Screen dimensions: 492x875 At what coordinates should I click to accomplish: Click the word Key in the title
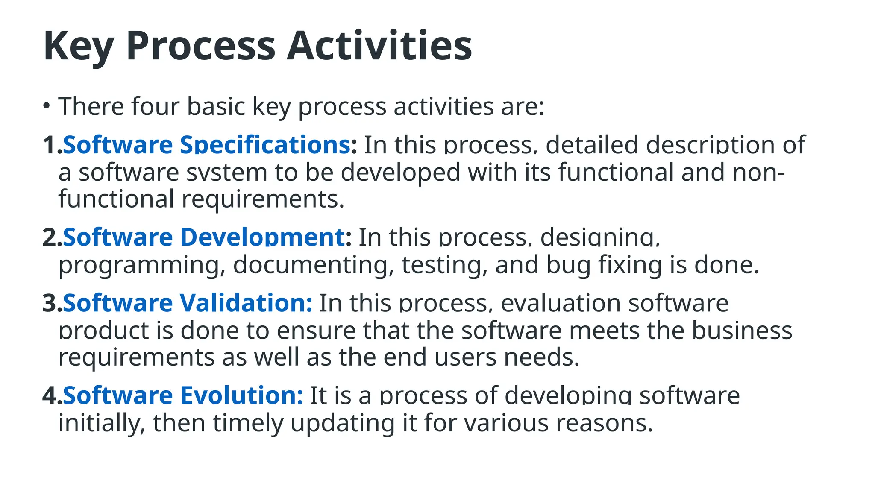tap(78, 46)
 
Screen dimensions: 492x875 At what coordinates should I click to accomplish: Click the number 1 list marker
tap(50, 145)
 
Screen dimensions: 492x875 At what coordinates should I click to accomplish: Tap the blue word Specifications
tap(265, 145)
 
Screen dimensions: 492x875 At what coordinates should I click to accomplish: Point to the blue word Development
tap(263, 237)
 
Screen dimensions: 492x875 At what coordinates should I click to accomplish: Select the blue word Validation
tap(246, 303)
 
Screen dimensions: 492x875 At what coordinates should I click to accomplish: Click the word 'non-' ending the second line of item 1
tap(758, 173)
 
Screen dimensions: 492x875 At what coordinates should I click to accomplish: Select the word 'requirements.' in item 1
tap(263, 199)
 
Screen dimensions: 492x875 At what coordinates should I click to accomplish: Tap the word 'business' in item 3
tap(742, 331)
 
